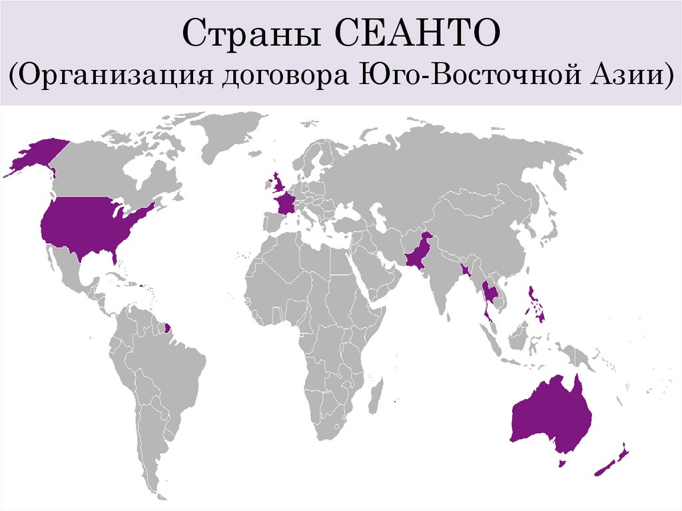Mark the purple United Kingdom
point(275,181)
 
